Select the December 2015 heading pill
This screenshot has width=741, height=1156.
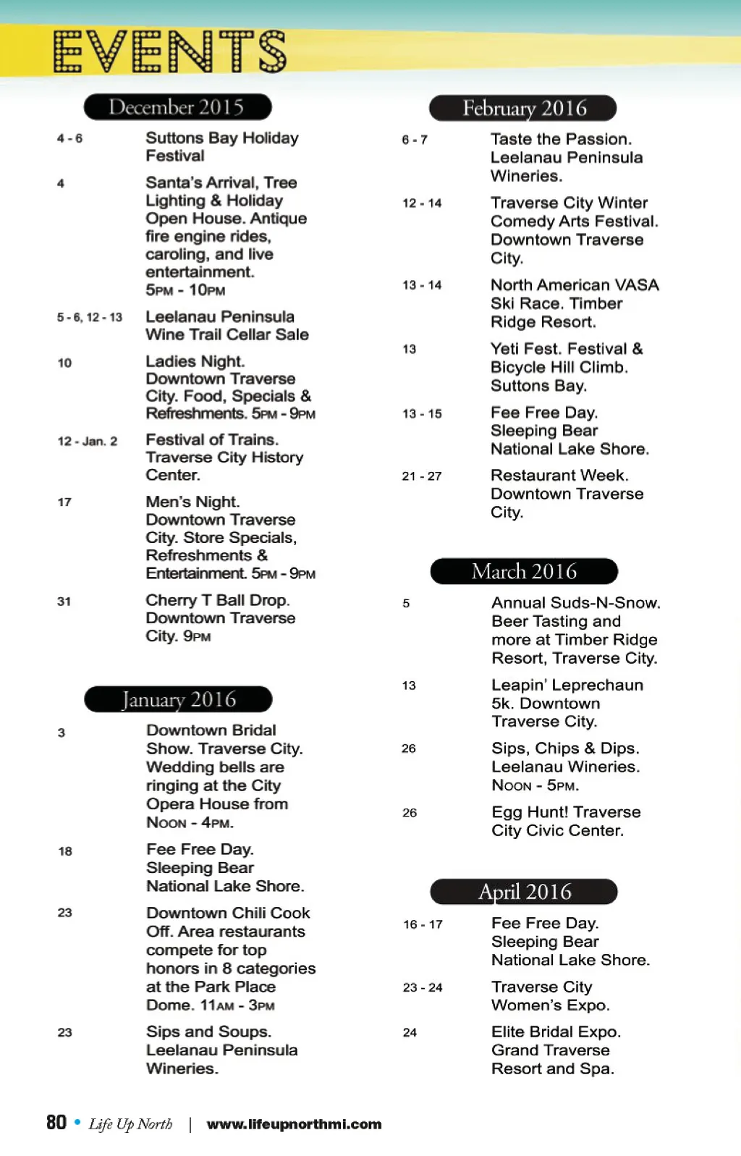177,107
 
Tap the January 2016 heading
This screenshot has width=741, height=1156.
178,699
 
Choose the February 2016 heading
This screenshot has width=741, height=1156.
523,109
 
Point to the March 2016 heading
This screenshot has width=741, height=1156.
524,571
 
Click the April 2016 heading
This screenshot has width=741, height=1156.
524,892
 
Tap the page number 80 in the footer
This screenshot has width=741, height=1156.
56,1123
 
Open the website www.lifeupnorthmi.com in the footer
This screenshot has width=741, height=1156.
294,1124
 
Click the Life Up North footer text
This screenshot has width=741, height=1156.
130,1124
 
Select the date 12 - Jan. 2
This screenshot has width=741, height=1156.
88,441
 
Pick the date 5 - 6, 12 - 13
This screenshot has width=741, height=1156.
90,317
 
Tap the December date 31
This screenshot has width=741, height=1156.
64,601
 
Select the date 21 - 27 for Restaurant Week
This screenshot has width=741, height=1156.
422,476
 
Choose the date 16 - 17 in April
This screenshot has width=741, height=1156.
423,924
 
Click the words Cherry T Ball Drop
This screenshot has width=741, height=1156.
217,600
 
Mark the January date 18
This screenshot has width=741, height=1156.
65,851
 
